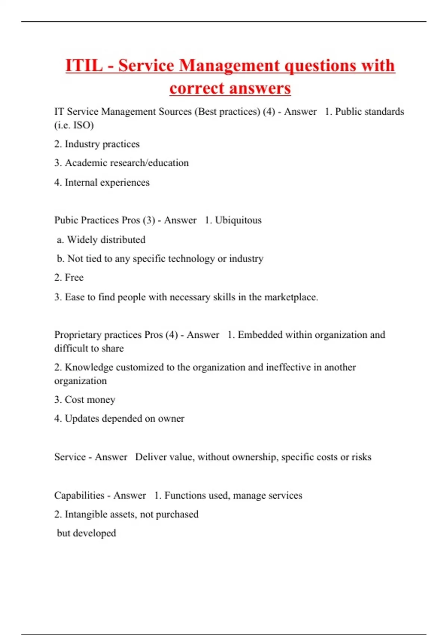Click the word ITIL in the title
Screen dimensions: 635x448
point(84,66)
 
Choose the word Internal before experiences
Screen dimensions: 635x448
point(81,182)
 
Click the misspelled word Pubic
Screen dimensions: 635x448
point(66,220)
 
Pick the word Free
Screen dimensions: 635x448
point(74,278)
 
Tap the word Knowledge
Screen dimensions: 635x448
point(89,367)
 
